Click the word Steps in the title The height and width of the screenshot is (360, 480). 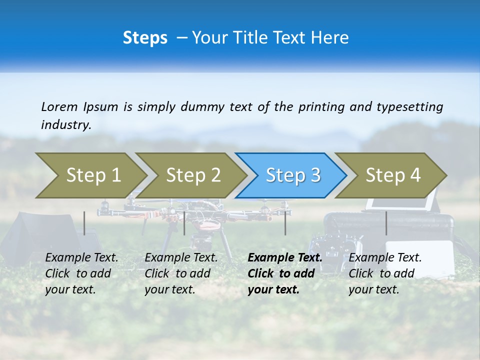(145, 38)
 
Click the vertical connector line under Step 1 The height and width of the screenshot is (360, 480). (84, 223)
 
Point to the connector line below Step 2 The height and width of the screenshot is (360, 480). (184, 223)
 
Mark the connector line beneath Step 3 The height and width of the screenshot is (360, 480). (285, 223)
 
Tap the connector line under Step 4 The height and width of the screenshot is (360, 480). (386, 223)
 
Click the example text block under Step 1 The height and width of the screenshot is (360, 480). (81, 273)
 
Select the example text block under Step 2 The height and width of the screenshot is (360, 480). (181, 273)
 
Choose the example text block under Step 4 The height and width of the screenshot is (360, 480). (385, 273)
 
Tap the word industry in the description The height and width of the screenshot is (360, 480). (65, 125)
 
